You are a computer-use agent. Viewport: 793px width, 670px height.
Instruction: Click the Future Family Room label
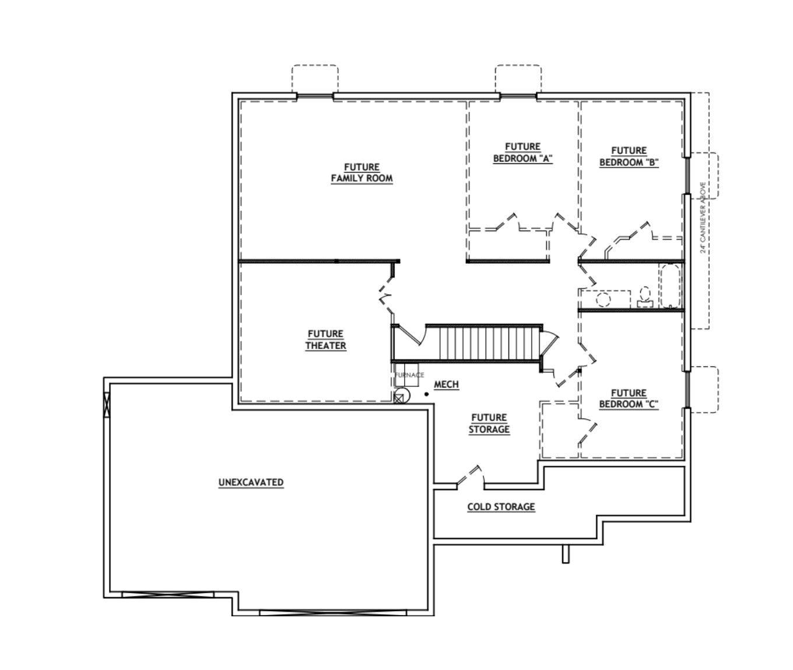pos(362,173)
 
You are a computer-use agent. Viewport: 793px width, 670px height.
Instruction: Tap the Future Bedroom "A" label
pos(522,153)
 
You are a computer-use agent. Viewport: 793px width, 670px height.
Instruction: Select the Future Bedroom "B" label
pos(629,156)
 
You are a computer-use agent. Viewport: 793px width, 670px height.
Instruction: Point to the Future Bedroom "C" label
pos(629,399)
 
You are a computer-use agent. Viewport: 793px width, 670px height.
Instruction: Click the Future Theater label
pos(325,340)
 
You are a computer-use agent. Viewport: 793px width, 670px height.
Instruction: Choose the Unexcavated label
pos(251,483)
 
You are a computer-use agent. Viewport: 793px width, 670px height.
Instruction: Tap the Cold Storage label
pos(501,507)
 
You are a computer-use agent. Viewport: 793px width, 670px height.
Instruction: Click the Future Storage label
pos(489,423)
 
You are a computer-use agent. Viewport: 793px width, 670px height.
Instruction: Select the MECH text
pos(446,385)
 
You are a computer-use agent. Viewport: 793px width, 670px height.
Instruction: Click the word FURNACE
pos(409,375)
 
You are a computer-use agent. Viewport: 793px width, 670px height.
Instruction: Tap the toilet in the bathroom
pos(644,297)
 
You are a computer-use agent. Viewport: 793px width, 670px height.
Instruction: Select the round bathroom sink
pos(603,299)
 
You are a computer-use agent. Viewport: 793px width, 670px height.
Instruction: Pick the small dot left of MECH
pos(427,395)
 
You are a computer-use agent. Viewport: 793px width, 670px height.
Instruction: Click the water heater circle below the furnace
pos(402,396)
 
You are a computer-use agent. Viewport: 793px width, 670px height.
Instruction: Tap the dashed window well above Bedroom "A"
pos(518,79)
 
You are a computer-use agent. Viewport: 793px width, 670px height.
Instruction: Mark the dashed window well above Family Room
pos(314,79)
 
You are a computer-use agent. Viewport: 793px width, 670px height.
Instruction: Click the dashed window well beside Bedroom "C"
pos(704,389)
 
